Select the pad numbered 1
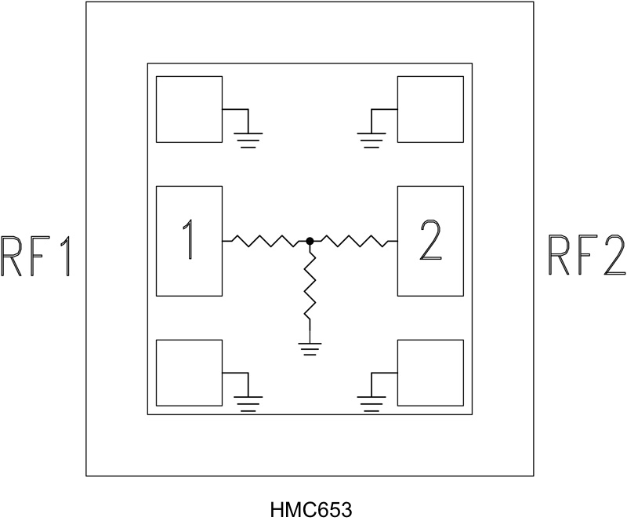click(x=189, y=241)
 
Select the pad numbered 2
click(x=430, y=241)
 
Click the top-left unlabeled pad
click(x=189, y=109)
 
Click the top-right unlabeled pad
click(x=430, y=109)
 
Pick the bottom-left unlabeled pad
click(x=189, y=372)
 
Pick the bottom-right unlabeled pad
click(x=430, y=372)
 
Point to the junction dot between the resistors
click(x=310, y=241)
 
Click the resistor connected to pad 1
click(x=266, y=241)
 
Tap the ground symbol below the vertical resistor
click(x=310, y=348)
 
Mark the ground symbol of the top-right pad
click(x=371, y=140)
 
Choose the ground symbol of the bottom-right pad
click(x=371, y=403)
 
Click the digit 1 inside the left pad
click(x=189, y=241)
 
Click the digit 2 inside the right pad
click(x=431, y=241)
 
